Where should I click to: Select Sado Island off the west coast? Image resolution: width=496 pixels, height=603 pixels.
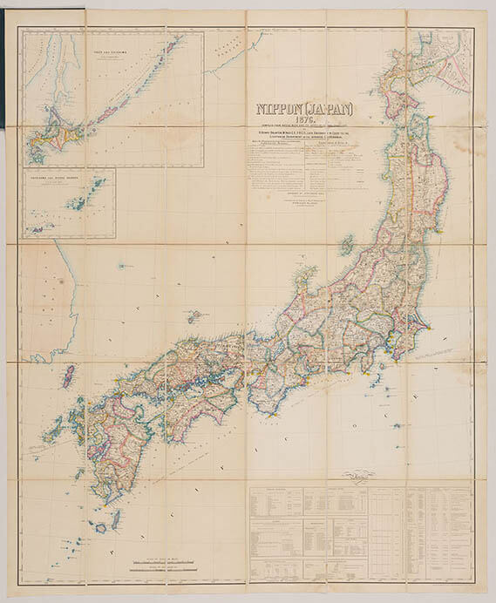[347, 245]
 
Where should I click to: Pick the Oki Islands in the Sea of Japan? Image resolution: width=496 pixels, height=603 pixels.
[196, 315]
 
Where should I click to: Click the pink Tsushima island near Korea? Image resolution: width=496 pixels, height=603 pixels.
[67, 376]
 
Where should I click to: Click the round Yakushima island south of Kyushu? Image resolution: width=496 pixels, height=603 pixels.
[101, 527]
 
